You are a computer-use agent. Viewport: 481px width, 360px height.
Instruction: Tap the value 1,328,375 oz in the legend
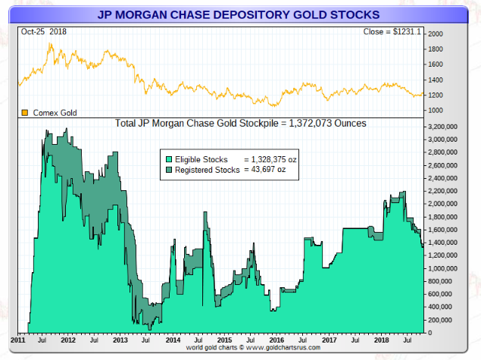coord(270,159)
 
